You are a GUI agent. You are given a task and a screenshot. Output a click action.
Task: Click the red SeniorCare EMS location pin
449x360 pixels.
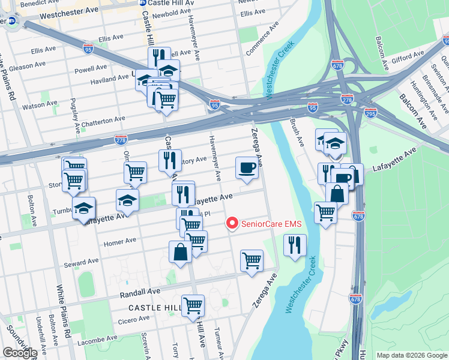tap(232, 224)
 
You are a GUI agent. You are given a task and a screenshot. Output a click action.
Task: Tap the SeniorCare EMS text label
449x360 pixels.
tap(271, 224)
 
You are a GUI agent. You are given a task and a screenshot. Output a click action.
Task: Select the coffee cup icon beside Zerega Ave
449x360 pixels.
tap(246, 168)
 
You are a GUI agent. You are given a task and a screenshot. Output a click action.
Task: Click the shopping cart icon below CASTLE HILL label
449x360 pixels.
tap(193, 305)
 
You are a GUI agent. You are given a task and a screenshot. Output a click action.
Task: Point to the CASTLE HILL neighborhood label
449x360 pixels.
tap(154, 307)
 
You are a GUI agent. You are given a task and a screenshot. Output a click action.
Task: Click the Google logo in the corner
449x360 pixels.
tap(20, 352)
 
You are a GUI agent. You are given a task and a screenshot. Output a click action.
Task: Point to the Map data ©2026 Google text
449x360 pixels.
tap(411, 355)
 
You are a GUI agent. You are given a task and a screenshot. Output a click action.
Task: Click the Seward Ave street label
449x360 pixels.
tap(84, 262)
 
